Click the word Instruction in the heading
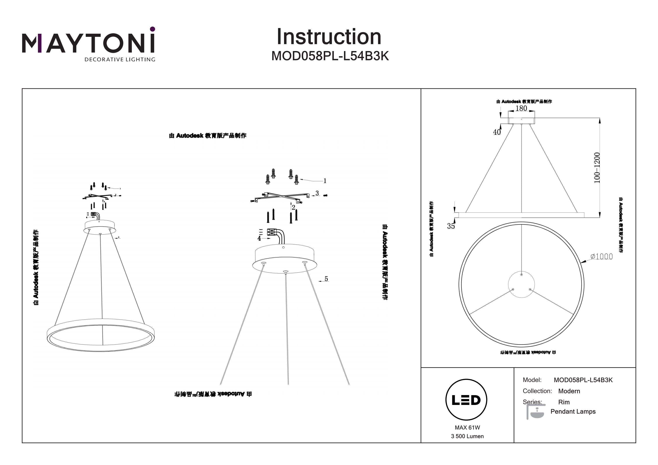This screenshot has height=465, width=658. click(x=329, y=37)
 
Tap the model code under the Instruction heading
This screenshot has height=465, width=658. click(x=330, y=56)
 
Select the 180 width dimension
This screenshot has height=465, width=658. click(x=521, y=108)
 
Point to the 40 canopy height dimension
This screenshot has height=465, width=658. click(x=497, y=132)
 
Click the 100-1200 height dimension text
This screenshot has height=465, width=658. click(x=597, y=168)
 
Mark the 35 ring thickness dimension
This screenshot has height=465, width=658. click(x=451, y=226)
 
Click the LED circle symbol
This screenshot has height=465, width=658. click(x=466, y=400)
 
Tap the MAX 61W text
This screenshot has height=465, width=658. click(x=467, y=428)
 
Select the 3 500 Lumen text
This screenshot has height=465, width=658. click(x=467, y=436)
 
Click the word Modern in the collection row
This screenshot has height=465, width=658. click(x=569, y=391)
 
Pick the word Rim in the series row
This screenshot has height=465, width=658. click(x=564, y=402)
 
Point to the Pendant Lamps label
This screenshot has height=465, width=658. click(x=573, y=412)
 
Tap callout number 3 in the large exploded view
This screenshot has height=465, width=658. click(x=317, y=193)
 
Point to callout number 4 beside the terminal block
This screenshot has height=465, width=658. click(x=259, y=238)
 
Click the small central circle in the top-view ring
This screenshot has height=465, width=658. click(x=521, y=285)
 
